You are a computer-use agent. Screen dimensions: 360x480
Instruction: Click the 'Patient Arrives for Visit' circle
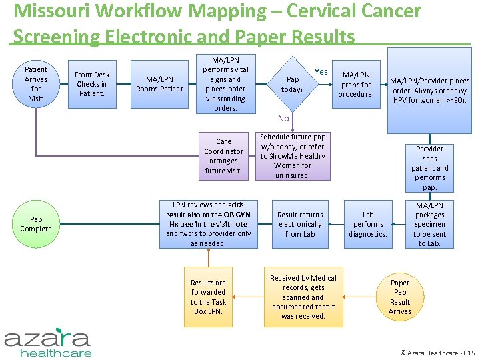click(x=36, y=84)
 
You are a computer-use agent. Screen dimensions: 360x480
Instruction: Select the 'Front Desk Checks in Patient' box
click(x=92, y=84)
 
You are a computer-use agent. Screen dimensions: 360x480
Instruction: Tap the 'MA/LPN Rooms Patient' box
click(x=159, y=84)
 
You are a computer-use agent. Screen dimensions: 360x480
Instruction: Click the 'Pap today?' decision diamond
click(x=292, y=84)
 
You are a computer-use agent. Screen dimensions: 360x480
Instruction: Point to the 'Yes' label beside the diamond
click(x=321, y=72)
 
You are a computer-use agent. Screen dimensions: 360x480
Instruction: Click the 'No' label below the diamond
click(x=283, y=118)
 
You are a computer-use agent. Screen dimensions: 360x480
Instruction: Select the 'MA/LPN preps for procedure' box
click(x=356, y=84)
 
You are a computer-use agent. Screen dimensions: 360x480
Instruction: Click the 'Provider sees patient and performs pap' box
click(x=429, y=168)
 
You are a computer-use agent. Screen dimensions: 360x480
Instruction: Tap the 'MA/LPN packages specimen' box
click(x=429, y=224)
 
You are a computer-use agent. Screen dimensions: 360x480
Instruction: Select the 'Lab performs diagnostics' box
click(x=368, y=224)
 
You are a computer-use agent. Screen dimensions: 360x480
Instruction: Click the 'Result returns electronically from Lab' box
click(x=300, y=224)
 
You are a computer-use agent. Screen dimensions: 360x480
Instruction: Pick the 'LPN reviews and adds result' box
click(x=208, y=224)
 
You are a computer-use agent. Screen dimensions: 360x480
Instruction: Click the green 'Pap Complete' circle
click(x=36, y=224)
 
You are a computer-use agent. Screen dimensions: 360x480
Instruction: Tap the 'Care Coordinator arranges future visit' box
click(x=223, y=156)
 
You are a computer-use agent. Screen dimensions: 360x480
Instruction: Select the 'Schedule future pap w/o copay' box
click(x=292, y=156)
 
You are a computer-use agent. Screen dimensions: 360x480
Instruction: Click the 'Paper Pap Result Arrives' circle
click(x=400, y=297)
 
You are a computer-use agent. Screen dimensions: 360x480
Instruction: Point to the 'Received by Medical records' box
click(x=303, y=297)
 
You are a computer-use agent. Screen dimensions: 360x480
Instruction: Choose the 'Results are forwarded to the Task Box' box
click(x=208, y=297)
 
